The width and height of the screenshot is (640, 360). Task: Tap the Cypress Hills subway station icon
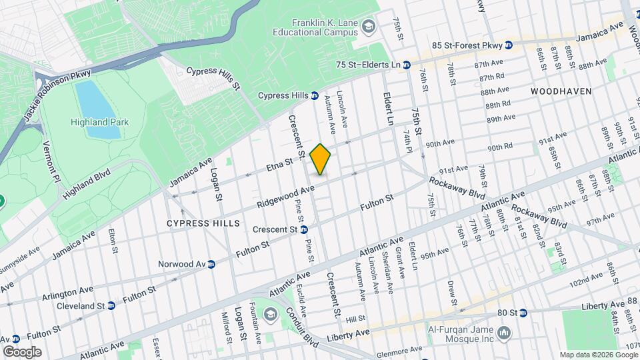[314, 96]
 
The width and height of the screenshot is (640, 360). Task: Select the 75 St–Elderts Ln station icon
[406, 65]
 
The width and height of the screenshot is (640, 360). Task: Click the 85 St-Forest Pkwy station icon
[509, 45]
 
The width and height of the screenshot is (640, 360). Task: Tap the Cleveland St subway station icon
[111, 305]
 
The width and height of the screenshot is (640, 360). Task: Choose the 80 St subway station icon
[523, 312]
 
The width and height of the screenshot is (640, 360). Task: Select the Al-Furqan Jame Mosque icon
[505, 332]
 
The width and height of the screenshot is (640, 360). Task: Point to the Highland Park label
[100, 122]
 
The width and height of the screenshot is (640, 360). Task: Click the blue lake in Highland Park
[98, 110]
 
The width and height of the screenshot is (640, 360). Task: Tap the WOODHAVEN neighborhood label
[557, 89]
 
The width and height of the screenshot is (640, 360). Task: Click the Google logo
[22, 351]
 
